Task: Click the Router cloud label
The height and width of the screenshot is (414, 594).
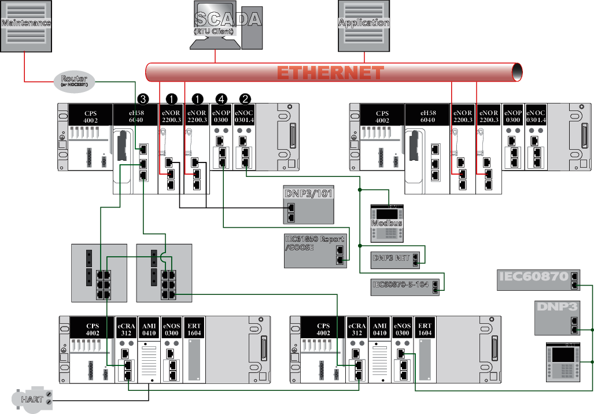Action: pos(75,80)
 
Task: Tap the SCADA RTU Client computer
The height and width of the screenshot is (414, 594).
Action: pos(227,25)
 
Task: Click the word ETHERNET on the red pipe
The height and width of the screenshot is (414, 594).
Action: pos(330,73)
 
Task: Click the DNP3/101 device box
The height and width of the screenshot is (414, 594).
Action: pos(309,205)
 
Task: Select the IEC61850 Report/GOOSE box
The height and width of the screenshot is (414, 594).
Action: pos(315,251)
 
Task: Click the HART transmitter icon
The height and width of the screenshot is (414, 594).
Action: pos(33,398)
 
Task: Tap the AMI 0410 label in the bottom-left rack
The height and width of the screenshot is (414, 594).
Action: pos(149,329)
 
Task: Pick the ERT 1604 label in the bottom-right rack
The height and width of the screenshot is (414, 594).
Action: pos(425,329)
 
